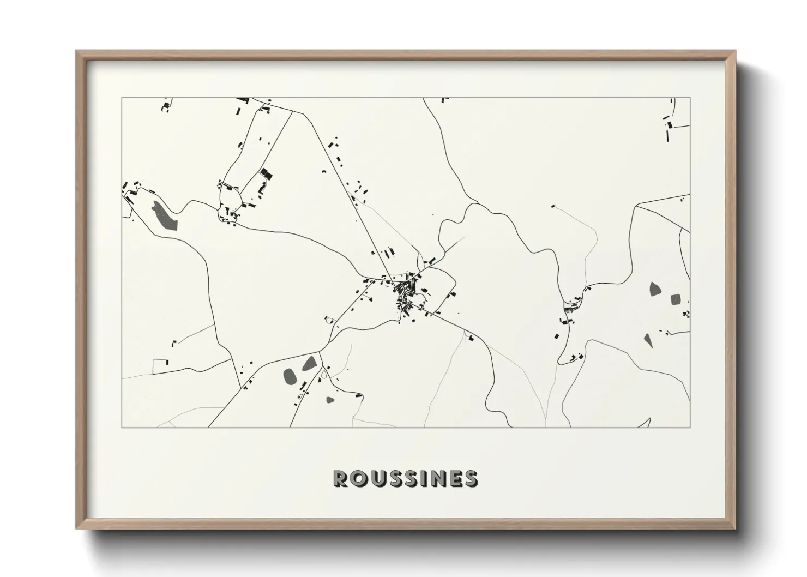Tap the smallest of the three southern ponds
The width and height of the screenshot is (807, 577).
[x=330, y=400]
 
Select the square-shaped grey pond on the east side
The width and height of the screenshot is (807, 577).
[x=676, y=299]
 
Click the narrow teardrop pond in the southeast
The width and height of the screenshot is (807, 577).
[x=648, y=340]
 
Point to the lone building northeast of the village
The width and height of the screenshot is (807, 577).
[x=552, y=206]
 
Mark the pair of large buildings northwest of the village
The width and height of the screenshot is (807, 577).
[x=388, y=253]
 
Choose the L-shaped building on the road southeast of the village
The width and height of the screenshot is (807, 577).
[x=470, y=338]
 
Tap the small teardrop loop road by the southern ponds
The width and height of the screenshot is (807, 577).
[x=325, y=374]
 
